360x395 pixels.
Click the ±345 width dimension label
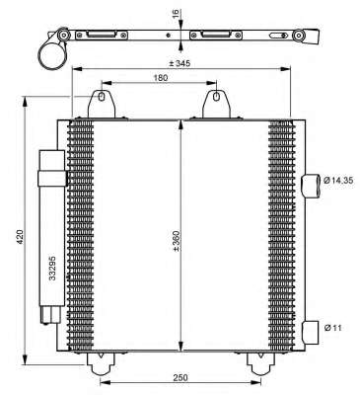(x=180, y=63)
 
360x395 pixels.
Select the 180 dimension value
(x=161, y=78)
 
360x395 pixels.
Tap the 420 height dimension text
(x=21, y=237)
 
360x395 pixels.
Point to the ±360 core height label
(x=176, y=241)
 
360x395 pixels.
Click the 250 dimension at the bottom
(x=180, y=377)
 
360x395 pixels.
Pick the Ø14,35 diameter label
(x=338, y=180)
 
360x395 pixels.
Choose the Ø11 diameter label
(x=332, y=328)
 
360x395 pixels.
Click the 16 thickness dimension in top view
(x=176, y=13)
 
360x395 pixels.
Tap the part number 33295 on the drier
(x=52, y=269)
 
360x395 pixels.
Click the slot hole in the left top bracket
(x=102, y=97)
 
